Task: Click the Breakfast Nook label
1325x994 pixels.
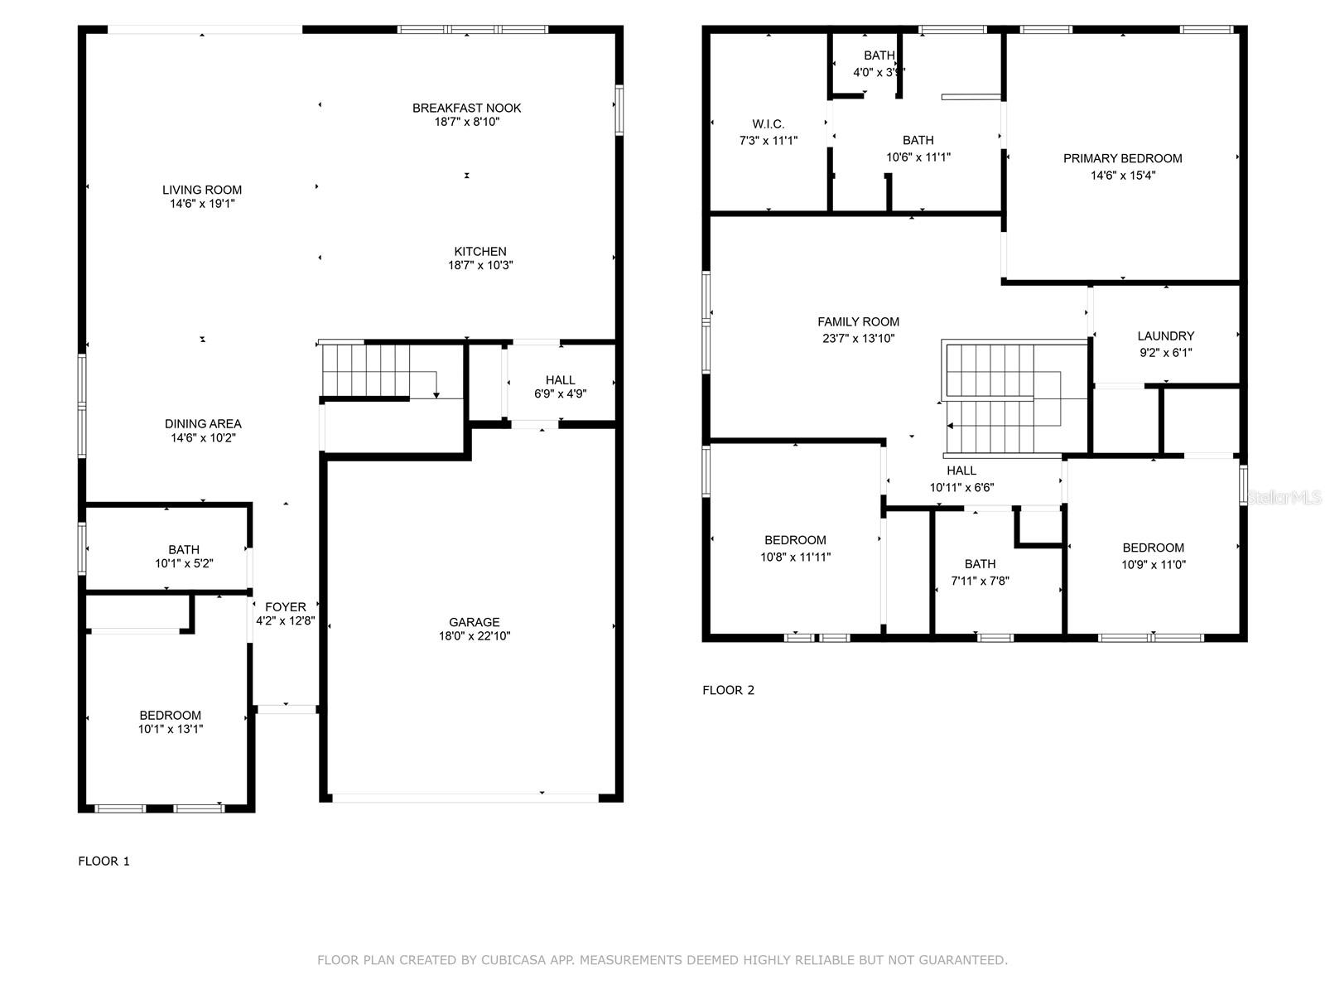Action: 466,108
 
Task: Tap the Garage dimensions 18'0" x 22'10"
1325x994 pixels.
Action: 475,636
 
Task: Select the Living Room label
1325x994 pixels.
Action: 202,190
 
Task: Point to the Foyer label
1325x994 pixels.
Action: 286,607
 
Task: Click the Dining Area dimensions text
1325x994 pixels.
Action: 203,438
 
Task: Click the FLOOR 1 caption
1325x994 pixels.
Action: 104,861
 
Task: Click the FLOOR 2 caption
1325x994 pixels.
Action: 728,690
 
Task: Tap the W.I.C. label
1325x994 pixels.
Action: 768,124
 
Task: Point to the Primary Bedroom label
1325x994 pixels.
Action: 1122,158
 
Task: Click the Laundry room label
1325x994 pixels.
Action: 1165,335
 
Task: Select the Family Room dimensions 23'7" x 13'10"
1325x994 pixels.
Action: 857,338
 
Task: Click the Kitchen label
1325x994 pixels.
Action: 480,251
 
